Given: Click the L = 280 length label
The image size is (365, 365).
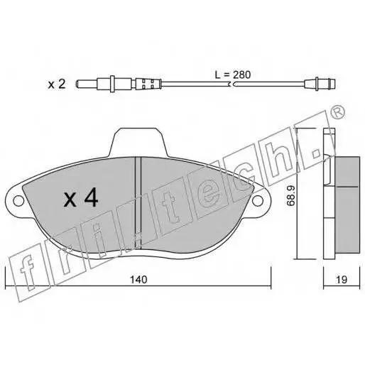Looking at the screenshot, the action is tap(232, 75).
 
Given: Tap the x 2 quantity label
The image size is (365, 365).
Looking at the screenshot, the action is tap(57, 85).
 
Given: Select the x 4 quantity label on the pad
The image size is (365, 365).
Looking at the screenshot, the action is tap(81, 197).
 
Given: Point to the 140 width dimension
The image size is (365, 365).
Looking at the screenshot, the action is tap(138, 280).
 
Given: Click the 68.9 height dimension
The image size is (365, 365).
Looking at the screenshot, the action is tap(290, 195).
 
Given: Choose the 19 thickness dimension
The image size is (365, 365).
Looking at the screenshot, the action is tap(342, 280).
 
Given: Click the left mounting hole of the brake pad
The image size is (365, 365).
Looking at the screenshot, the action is tap(18, 201).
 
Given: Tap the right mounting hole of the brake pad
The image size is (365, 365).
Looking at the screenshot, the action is tap(258, 201).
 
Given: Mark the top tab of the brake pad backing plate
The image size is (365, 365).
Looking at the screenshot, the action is tap(138, 142).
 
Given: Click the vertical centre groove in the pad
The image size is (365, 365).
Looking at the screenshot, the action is tap(138, 203).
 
